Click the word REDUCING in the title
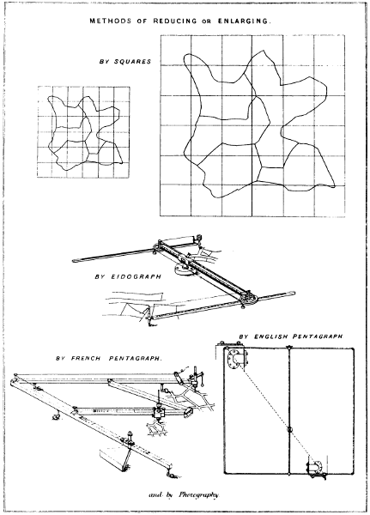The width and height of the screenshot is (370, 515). [x=175, y=21]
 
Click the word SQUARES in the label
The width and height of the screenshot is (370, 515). [x=132, y=62]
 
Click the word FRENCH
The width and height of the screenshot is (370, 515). [x=86, y=358]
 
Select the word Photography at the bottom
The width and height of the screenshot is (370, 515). [x=198, y=495]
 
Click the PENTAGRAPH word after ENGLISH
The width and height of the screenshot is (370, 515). [x=318, y=336]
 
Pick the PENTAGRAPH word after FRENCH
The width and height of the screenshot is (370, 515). [x=136, y=358]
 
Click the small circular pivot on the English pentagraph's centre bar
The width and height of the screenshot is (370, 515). [x=289, y=430]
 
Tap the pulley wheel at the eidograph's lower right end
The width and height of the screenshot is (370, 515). [x=249, y=298]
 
